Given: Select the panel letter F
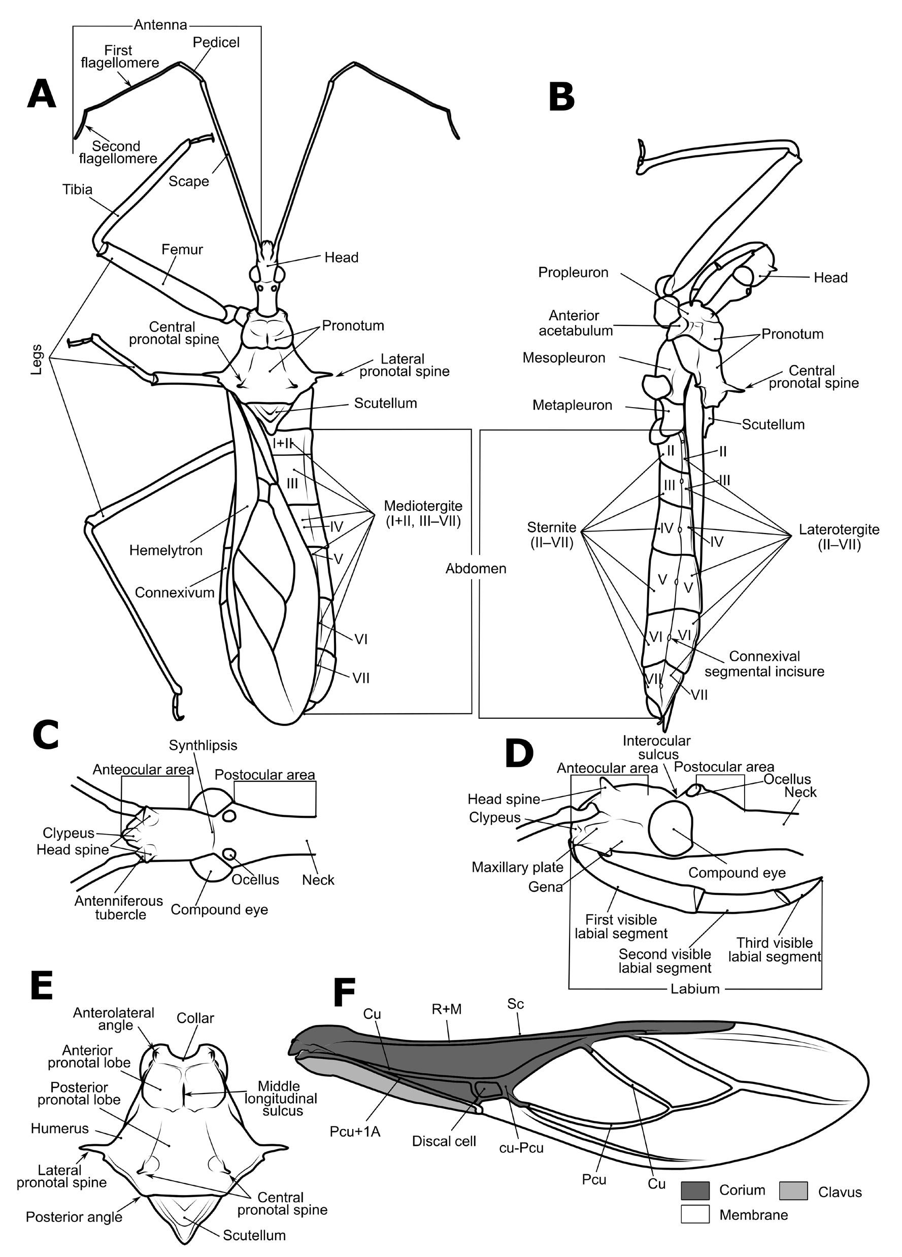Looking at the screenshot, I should tap(344, 993).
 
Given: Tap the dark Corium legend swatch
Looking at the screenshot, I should tap(695, 1190).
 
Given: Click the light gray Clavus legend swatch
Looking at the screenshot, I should tap(793, 1190).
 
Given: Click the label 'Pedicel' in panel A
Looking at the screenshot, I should tap(216, 43).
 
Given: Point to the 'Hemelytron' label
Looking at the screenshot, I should tap(165, 550).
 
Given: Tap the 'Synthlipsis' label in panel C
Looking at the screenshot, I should tap(203, 745).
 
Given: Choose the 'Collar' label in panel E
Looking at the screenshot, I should tap(195, 1018).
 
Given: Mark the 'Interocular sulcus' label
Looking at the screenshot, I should tap(656, 747).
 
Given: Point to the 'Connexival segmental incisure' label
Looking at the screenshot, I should tap(764, 664).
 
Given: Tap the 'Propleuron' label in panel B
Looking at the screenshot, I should tap(573, 273).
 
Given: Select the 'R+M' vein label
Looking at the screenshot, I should tap(446, 1009).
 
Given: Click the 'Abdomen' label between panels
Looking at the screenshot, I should tap(476, 569).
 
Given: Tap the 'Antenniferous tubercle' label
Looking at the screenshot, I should tap(119, 907).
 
